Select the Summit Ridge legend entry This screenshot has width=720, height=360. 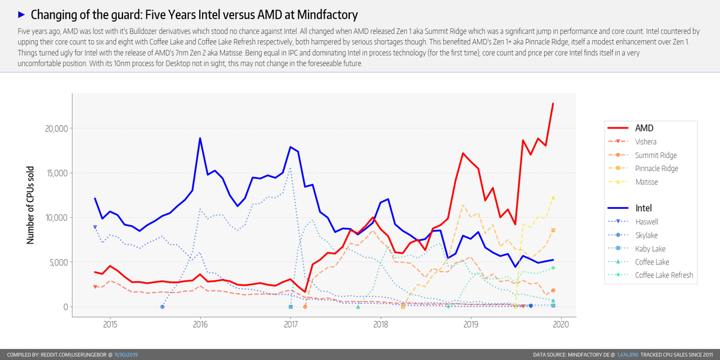656,155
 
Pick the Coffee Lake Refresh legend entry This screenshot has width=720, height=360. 664,275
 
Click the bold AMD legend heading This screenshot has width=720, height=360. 644,128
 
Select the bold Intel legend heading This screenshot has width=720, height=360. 643,208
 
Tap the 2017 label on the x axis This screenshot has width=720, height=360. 290,325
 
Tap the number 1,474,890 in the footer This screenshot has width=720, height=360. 629,355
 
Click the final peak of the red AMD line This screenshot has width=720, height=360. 553,104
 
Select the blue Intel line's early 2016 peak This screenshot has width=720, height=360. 200,139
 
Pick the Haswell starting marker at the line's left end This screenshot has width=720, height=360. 95,227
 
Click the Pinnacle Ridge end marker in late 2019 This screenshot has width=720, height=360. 553,230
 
